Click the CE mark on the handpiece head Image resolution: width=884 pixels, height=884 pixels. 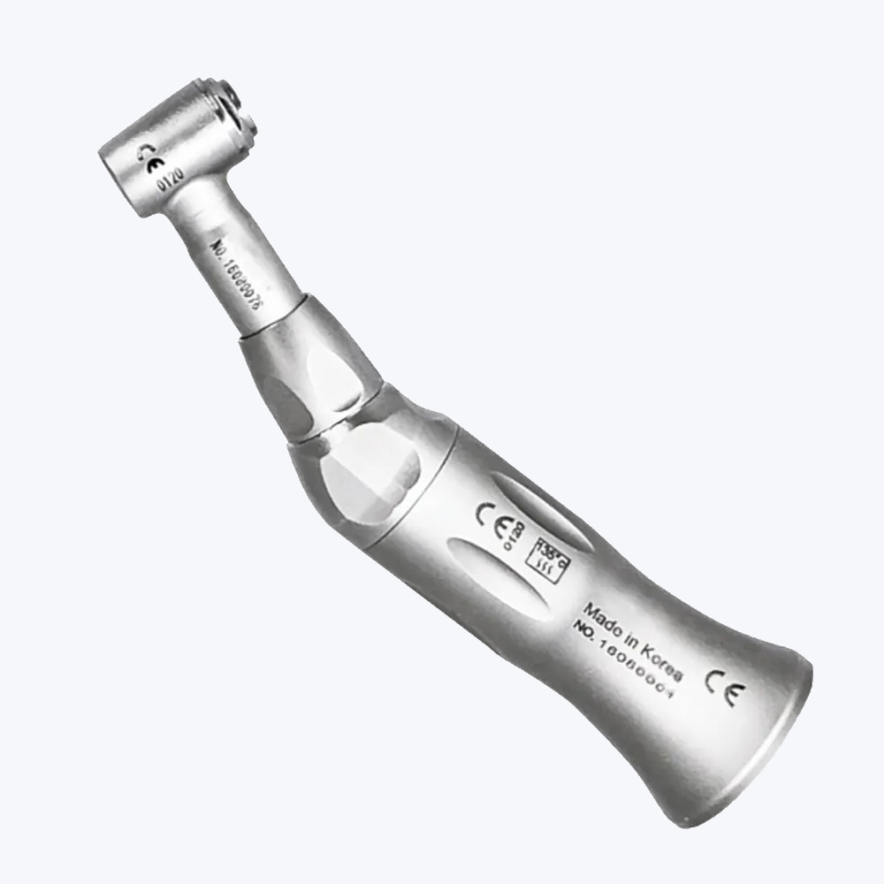[152, 160]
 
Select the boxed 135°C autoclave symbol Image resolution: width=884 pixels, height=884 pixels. [543, 557]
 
